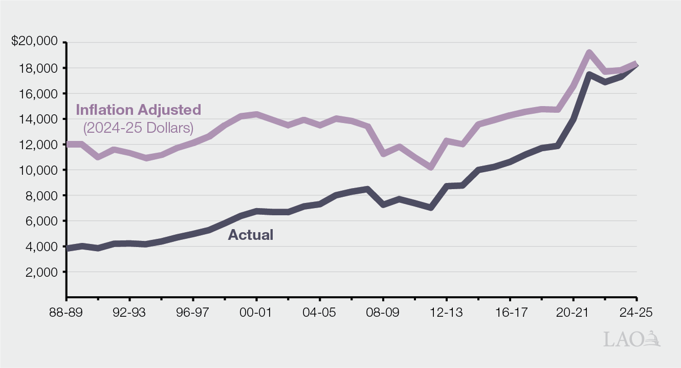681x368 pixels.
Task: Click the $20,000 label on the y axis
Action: [x=34, y=42]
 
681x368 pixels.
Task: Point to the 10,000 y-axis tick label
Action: [x=39, y=170]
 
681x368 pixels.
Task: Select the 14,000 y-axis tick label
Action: [x=39, y=119]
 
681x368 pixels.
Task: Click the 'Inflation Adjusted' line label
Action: [x=138, y=110]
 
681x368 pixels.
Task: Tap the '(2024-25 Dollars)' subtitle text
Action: [x=138, y=127]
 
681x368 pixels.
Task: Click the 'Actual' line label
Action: [x=250, y=235]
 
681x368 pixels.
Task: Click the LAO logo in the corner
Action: [x=632, y=339]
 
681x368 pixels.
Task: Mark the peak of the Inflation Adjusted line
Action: [x=589, y=52]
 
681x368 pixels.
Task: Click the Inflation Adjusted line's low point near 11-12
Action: [x=431, y=167]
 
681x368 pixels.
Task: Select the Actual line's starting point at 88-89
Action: [x=67, y=249]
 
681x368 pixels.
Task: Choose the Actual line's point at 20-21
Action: [x=574, y=119]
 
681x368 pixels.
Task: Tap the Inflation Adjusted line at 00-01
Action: [x=256, y=114]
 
